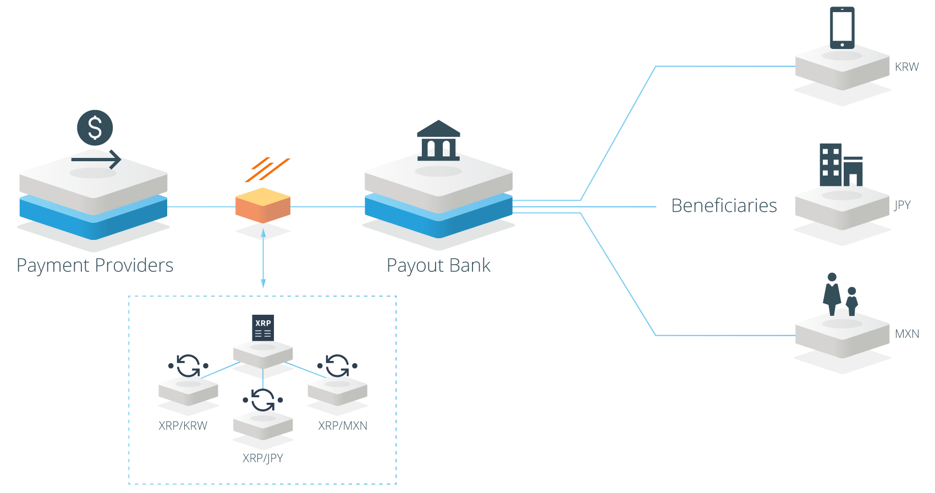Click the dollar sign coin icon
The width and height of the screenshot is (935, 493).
pos(95,127)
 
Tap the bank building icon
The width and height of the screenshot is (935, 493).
pos(438,141)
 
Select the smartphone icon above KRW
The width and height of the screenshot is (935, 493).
pos(842,28)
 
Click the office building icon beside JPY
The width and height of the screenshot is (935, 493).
pos(840,165)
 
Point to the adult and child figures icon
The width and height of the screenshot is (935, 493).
pos(840,294)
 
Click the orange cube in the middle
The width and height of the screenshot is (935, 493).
pos(263,205)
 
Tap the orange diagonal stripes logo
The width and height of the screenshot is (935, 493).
pos(267,169)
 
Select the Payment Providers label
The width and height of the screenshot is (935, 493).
pos(95,266)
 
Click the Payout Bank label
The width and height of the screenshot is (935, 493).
pos(438,266)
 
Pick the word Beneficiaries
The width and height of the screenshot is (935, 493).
pos(724,205)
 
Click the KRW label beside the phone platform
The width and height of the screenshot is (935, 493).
pos(906,67)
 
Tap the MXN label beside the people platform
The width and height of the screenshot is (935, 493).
pos(906,334)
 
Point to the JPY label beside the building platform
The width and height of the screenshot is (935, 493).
pos(902,205)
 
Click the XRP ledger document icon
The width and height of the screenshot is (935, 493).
pos(263,328)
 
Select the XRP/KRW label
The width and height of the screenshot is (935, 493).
pos(183,426)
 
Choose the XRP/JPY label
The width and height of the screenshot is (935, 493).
pos(263,458)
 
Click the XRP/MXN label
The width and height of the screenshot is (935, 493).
pos(343,426)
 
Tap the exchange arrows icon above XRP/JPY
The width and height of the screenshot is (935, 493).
pos(263,400)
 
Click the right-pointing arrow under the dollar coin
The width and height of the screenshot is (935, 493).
pos(96,159)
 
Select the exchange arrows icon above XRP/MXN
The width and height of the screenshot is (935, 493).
pos(337,366)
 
